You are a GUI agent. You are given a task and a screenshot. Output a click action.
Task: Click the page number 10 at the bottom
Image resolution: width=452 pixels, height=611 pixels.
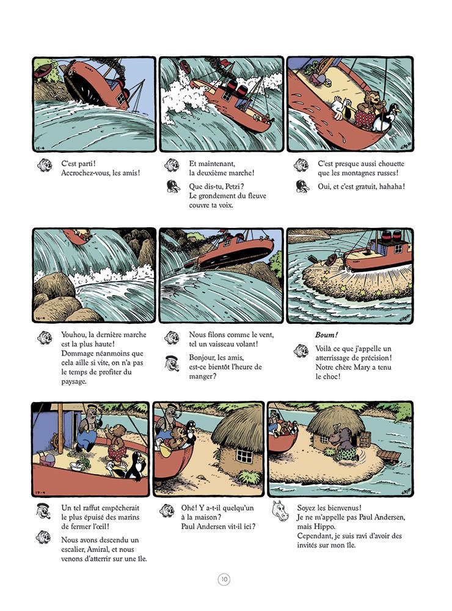(225, 579)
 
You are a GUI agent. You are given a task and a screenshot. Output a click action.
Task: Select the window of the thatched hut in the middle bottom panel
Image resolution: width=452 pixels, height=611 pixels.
(244, 456)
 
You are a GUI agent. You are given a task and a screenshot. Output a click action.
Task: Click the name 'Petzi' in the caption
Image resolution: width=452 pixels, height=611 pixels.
(237, 186)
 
